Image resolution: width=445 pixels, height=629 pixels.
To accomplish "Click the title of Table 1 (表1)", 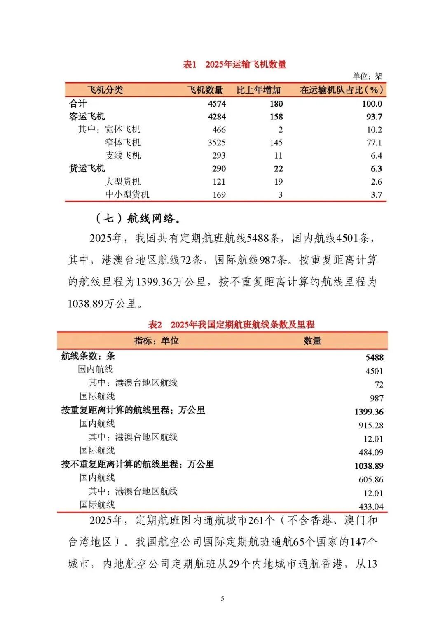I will coord(234,64).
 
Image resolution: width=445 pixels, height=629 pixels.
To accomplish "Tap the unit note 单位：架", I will coord(367,76).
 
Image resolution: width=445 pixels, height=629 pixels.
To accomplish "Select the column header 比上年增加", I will coord(258,90).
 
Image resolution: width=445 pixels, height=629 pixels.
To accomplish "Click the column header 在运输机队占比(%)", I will coord(341,90).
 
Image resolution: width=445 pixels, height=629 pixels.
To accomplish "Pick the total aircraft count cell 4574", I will coord(217,104).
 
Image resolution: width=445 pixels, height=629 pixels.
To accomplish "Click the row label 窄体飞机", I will coord(123,143).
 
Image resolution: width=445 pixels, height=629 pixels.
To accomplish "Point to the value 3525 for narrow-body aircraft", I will coord(217,143).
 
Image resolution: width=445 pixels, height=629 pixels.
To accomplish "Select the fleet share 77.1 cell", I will coord(374,143).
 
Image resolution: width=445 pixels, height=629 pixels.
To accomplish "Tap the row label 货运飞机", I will coord(87,168).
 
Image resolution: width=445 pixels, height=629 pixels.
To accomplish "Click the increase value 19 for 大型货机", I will coord(279,182).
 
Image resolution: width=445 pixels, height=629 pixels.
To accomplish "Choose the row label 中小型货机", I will coord(127,194).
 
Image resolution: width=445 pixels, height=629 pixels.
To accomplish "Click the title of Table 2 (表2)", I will coord(231,325).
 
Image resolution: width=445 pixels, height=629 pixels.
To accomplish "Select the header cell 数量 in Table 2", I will coord(312,341).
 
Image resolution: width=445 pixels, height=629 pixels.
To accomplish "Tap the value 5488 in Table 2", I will coord(374,358).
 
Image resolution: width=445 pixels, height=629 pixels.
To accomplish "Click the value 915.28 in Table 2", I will coord(371,426).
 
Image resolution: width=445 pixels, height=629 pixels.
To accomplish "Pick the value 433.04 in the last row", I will coord(371,507).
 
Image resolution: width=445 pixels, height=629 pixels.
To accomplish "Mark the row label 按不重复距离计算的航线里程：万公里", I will coord(138,464).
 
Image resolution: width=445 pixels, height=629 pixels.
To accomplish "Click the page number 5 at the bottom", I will coord(222,599).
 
